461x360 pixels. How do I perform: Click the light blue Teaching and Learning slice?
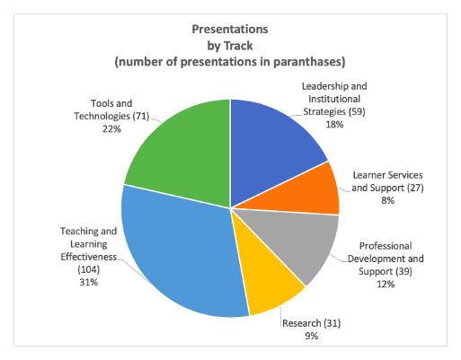[x=180, y=254]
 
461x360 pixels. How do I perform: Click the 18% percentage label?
[x=334, y=125]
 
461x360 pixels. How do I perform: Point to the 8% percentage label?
[x=387, y=200]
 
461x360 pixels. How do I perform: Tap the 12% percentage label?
[x=386, y=284]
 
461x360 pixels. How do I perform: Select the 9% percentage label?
[x=312, y=336]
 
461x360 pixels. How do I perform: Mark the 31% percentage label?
[x=89, y=282]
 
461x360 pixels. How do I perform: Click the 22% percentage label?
[x=111, y=129]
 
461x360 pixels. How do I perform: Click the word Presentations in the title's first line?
[x=230, y=30]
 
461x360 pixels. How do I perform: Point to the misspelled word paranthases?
[x=309, y=62]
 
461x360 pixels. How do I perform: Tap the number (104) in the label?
[x=89, y=269]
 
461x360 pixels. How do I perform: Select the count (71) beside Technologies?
[x=141, y=116]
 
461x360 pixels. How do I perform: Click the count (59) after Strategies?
[x=357, y=112]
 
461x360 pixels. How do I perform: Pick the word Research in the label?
[x=302, y=323]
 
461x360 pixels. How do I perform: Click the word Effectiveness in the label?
[x=89, y=257]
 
